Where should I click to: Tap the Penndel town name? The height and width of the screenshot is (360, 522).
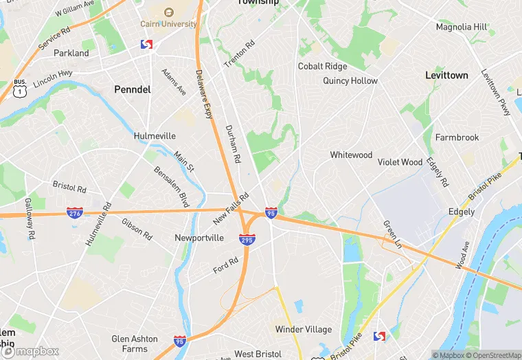tap(132, 89)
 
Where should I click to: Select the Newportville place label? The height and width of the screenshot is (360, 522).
tap(199, 238)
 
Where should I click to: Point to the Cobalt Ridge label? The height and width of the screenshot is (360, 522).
tap(322, 67)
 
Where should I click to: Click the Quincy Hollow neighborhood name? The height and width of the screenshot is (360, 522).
tap(350, 80)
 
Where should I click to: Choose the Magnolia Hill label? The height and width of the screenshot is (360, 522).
tap(462, 27)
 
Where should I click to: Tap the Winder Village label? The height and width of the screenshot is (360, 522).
tap(304, 330)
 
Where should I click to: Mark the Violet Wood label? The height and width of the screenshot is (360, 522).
tap(400, 162)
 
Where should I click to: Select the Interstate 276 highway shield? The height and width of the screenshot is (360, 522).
tap(76, 213)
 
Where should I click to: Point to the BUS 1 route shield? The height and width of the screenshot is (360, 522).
tap(20, 87)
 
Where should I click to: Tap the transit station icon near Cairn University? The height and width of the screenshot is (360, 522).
tap(146, 45)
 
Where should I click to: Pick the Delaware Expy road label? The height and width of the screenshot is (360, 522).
tap(204, 93)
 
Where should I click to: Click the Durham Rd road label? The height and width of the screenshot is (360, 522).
tap(233, 144)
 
